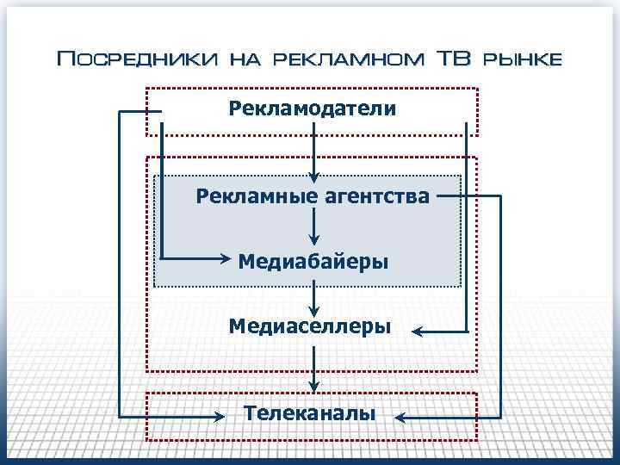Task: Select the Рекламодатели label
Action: pyautogui.click(x=313, y=109)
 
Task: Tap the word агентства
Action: pyautogui.click(x=375, y=196)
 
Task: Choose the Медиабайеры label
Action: pyautogui.click(x=313, y=260)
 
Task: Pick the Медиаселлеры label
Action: pyautogui.click(x=309, y=326)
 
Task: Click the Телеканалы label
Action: pyautogui.click(x=309, y=413)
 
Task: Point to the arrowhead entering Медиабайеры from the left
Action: pyautogui.click(x=226, y=259)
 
